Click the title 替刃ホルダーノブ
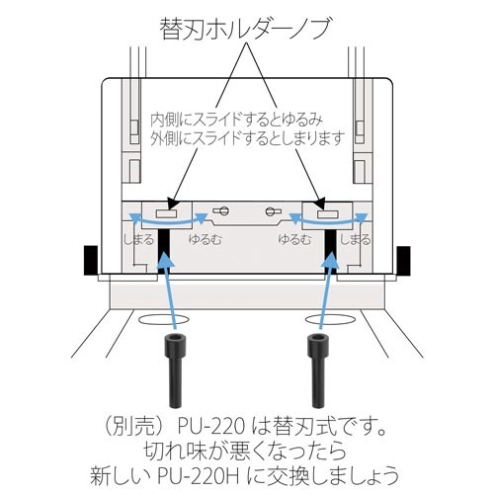pyautogui.click(x=245, y=29)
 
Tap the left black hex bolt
pyautogui.click(x=177, y=370)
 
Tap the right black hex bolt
pyautogui.click(x=317, y=370)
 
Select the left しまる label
pyautogui.click(x=138, y=239)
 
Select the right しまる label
pyautogui.click(x=355, y=239)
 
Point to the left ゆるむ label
pyautogui.click(x=205, y=239)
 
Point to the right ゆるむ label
pyautogui.click(x=294, y=239)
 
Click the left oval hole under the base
pyautogui.click(x=164, y=319)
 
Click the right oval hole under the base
pyautogui.click(x=331, y=319)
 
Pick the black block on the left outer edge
pyautogui.click(x=91, y=260)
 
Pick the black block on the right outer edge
pyautogui.click(x=403, y=260)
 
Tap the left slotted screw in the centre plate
pyautogui.click(x=221, y=210)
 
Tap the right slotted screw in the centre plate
pyautogui.click(x=274, y=210)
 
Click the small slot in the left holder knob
pyautogui.click(x=167, y=214)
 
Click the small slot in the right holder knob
pyautogui.click(x=327, y=214)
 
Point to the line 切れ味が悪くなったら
pyautogui.click(x=245, y=451)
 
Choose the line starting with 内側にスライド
pyautogui.click(x=237, y=121)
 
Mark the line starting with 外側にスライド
pyautogui.click(x=247, y=138)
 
